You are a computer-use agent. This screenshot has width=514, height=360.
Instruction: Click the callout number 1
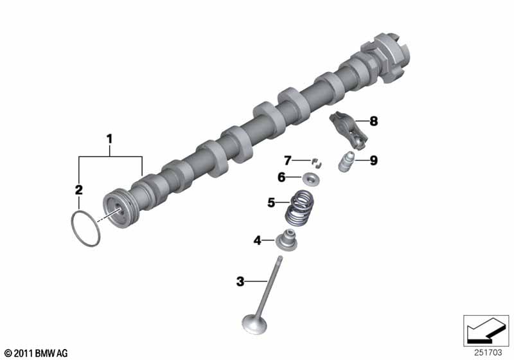pyautogui.click(x=110, y=139)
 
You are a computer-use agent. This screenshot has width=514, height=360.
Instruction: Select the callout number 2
pyautogui.click(x=78, y=190)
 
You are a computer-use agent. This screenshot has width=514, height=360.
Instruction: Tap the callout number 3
pyautogui.click(x=240, y=282)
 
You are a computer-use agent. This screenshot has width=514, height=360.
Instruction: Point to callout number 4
pyautogui.click(x=258, y=240)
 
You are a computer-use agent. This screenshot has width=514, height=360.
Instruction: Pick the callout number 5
pyautogui.click(x=271, y=203)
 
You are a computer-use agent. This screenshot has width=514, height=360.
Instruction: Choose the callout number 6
pyautogui.click(x=281, y=177)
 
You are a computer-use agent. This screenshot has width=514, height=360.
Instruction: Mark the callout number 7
pyautogui.click(x=287, y=161)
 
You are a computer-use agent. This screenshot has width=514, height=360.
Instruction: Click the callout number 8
pyautogui.click(x=374, y=121)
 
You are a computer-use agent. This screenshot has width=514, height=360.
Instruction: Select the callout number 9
pyautogui.click(x=374, y=160)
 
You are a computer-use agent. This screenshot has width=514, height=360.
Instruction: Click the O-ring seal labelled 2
pyautogui.click(x=72, y=230)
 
